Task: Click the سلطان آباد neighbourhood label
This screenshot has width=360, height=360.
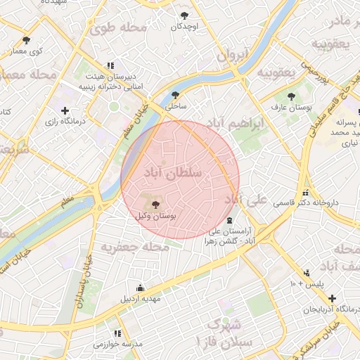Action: point(172,172)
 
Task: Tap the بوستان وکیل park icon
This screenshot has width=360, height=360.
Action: point(155,204)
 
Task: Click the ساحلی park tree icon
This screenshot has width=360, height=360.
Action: point(175,95)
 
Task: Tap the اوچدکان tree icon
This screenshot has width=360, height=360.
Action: point(184,15)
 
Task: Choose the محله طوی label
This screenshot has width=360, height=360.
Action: point(117,27)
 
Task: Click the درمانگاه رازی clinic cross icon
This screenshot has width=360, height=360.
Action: point(65,110)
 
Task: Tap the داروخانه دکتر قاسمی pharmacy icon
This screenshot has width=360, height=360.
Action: point(304,193)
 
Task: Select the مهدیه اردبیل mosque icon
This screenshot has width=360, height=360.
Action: point(139,288)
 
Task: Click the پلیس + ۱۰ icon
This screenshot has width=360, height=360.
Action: point(306,273)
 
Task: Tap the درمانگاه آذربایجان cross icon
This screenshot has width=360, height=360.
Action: point(331,298)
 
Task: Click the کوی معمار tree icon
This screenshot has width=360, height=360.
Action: point(27,40)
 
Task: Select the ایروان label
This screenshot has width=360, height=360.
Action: point(233,53)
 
